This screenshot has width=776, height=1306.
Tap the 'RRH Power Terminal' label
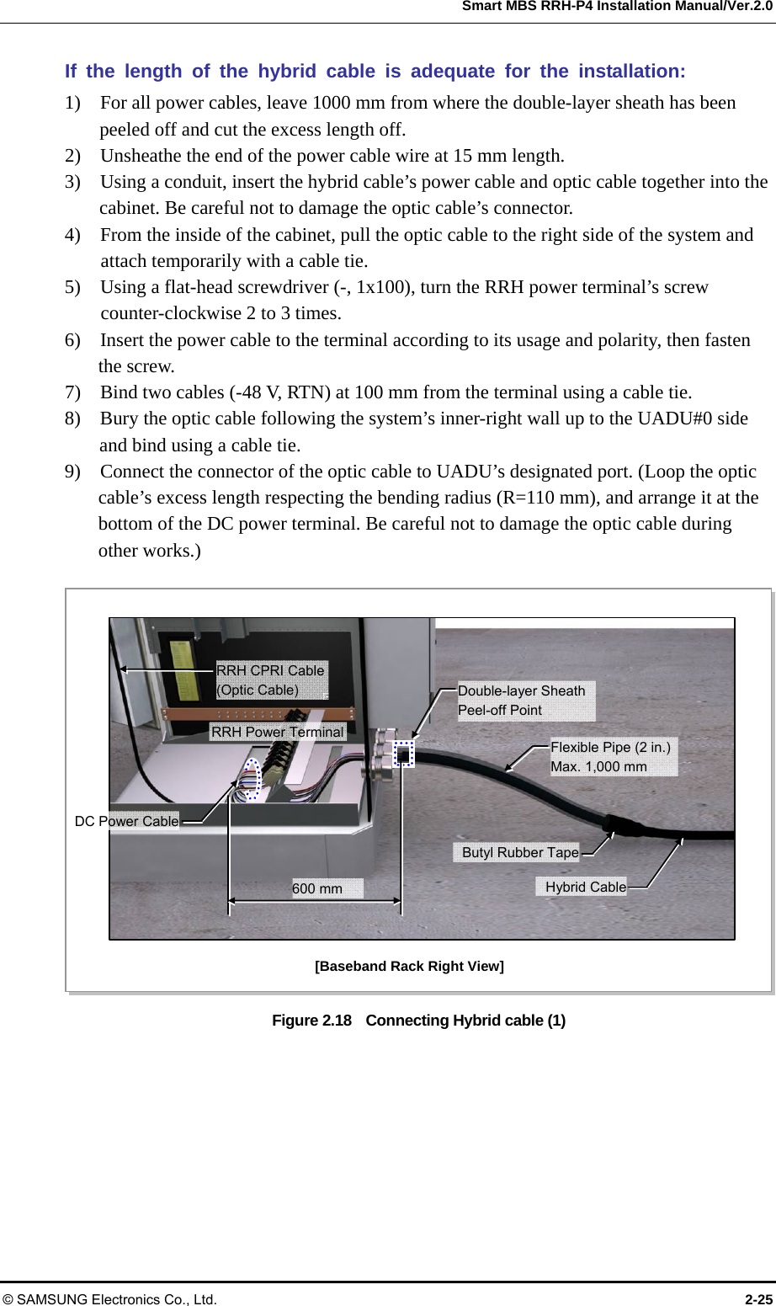277,732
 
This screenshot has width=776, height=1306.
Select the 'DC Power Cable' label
127,821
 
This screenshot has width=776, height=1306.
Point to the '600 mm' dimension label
317,888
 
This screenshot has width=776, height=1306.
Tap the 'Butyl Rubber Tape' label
520,852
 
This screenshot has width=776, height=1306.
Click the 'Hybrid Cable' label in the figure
585,887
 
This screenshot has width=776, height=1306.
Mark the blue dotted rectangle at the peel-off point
404,754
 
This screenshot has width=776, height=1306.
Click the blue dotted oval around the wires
251,779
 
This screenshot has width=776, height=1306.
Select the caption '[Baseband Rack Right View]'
409,966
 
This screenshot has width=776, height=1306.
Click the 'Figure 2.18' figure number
311,1021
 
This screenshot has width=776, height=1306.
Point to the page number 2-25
758,1299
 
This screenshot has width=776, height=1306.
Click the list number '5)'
73,287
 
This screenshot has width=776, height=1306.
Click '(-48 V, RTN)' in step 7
279,392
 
